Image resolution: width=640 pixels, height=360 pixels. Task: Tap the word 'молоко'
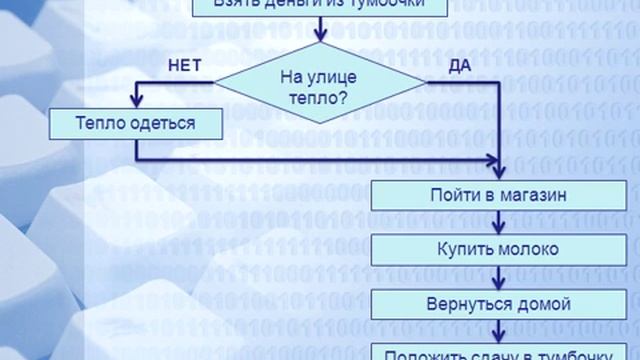[530, 249]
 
